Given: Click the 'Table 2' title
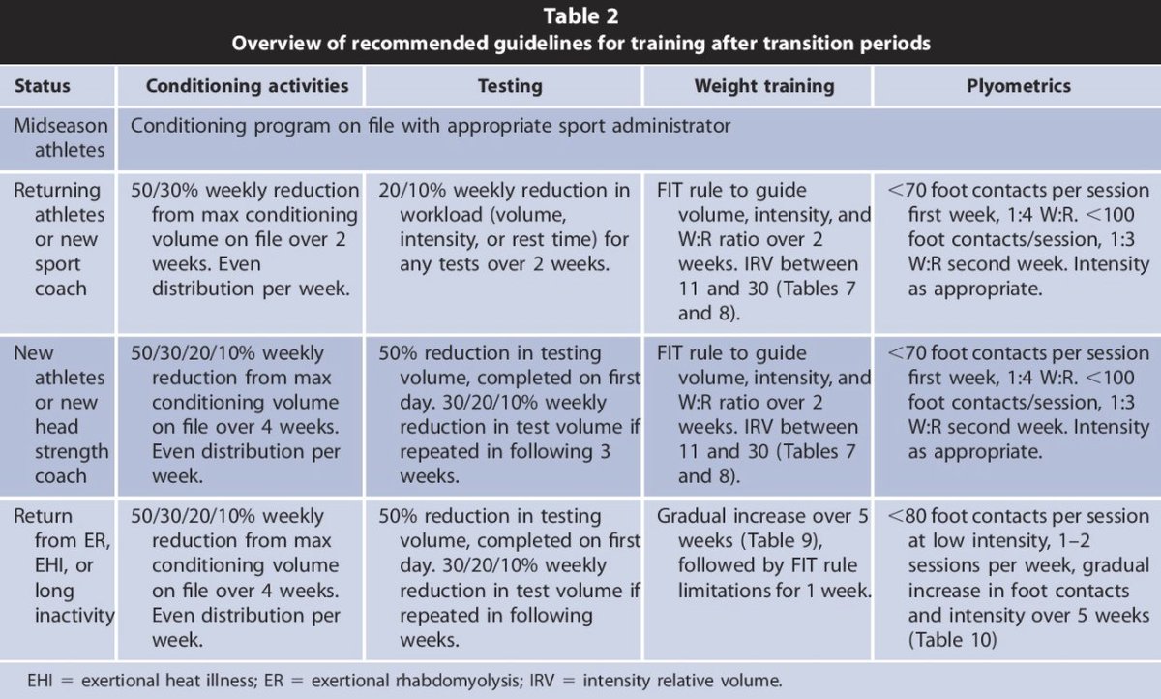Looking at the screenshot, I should click(580, 16).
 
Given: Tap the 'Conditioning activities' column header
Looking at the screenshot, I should click(247, 86).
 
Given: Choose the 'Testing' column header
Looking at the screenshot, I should click(510, 86).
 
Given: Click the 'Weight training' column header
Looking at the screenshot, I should click(763, 86).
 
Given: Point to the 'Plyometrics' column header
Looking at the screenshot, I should click(1018, 86).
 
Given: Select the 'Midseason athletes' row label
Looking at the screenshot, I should click(59, 137).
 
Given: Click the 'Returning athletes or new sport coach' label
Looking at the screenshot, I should click(58, 238).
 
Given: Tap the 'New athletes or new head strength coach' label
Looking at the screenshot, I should click(59, 413).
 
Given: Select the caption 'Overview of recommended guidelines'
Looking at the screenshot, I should click(580, 44).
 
